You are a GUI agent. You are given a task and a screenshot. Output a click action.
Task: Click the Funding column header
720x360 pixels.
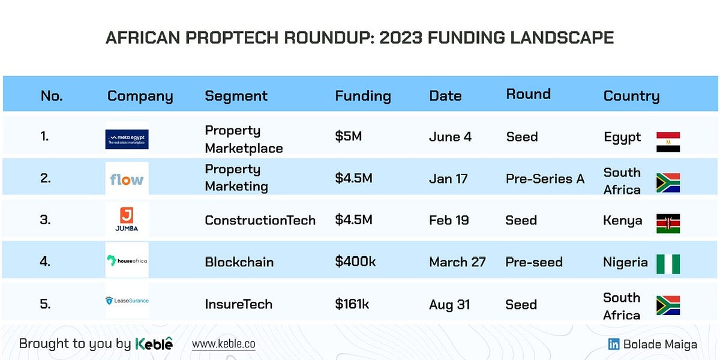(362, 96)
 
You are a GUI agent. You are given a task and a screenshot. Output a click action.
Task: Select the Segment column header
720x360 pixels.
(236, 96)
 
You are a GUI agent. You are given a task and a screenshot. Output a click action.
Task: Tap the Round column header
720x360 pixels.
(528, 94)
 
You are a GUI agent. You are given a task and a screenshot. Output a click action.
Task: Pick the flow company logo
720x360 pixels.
(127, 179)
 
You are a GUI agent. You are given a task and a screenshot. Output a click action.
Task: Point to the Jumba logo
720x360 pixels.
(127, 220)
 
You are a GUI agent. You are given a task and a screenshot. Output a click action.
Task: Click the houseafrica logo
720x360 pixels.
(127, 260)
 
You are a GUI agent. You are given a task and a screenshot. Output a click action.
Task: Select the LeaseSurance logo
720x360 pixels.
(127, 301)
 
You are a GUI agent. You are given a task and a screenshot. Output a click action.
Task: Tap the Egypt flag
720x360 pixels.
(668, 142)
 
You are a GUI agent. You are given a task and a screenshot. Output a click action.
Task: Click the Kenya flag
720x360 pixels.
(668, 223)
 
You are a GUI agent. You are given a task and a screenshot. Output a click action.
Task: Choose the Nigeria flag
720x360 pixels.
(668, 264)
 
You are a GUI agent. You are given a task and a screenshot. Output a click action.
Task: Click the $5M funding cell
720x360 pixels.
(348, 137)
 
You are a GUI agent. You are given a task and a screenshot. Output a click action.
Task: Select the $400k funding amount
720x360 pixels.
(355, 262)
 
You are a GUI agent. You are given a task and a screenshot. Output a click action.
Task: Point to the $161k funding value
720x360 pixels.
(352, 304)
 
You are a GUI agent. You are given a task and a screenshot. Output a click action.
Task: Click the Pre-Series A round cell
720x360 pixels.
(545, 179)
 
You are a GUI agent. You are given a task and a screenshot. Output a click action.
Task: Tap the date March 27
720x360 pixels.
(457, 262)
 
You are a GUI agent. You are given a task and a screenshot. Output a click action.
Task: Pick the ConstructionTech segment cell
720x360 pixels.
(260, 220)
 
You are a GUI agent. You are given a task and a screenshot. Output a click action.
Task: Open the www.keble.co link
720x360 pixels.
(223, 344)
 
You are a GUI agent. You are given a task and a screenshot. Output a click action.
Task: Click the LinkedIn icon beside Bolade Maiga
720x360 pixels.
(614, 344)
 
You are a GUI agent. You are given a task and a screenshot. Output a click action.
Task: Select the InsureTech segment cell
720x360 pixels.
(238, 304)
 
